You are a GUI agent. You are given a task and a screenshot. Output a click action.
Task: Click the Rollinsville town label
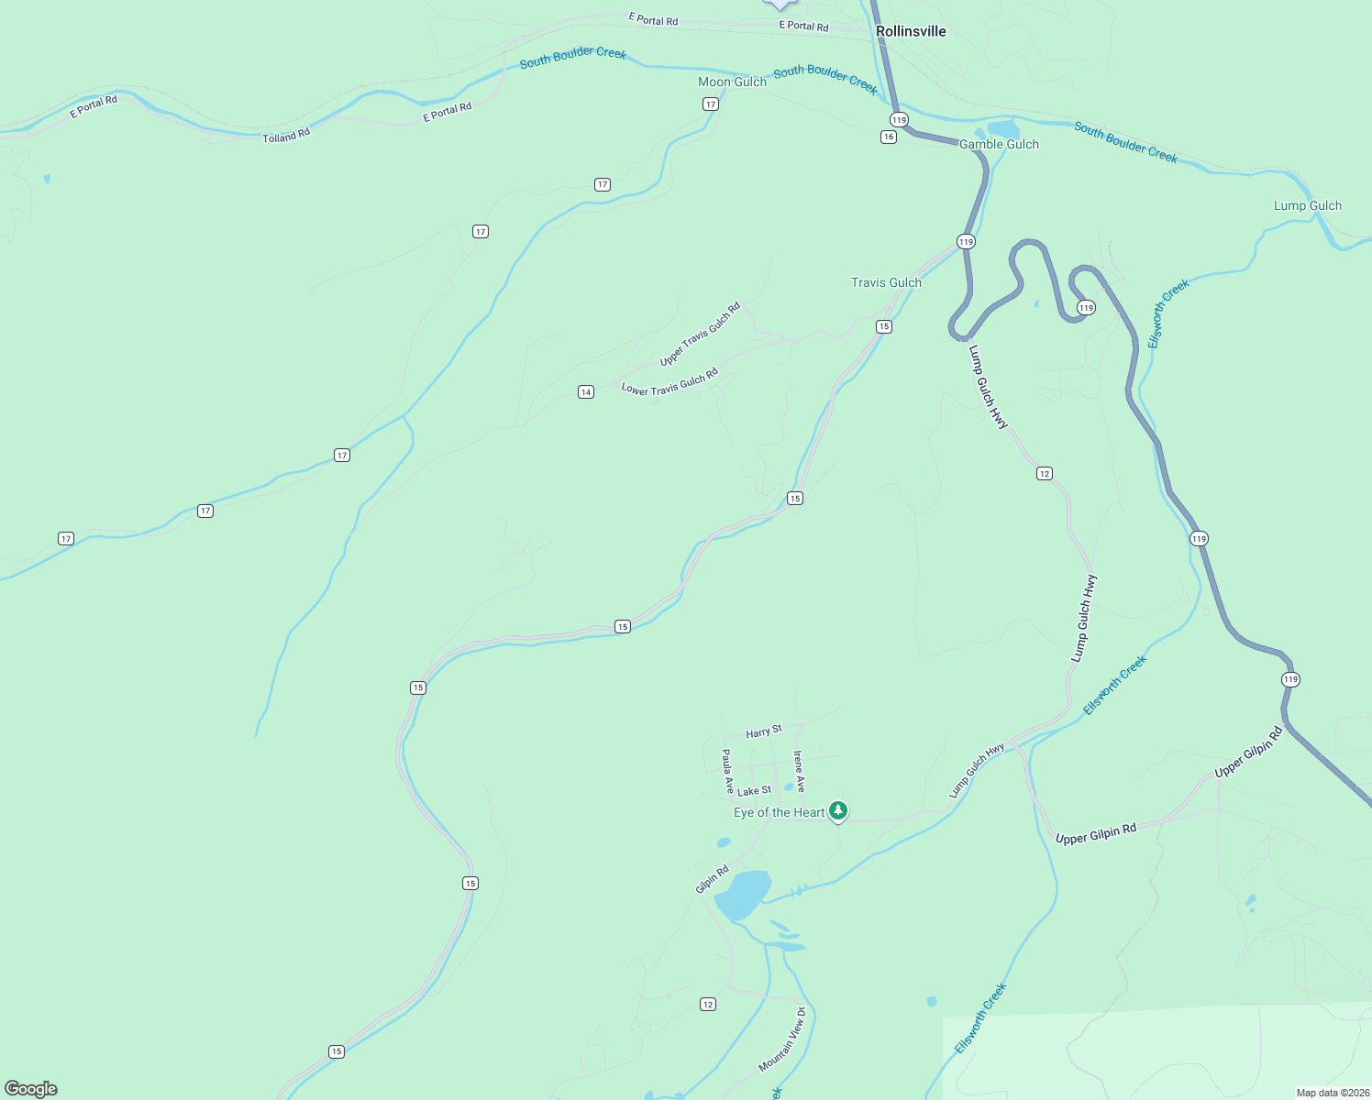click(x=910, y=31)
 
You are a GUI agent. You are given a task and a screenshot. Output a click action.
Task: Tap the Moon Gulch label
click(x=732, y=82)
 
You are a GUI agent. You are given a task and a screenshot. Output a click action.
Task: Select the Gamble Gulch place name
click(x=999, y=144)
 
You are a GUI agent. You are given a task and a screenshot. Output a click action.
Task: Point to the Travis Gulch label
click(x=886, y=282)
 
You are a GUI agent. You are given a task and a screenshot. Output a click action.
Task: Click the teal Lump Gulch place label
click(x=1307, y=205)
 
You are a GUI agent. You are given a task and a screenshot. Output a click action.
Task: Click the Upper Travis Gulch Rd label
click(x=700, y=335)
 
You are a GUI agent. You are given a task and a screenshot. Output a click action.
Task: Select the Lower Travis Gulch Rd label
click(x=669, y=382)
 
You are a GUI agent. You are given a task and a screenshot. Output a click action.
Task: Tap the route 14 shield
click(x=586, y=392)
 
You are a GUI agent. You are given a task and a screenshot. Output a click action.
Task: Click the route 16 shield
click(x=888, y=137)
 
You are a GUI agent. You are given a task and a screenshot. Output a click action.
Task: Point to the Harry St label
click(x=764, y=731)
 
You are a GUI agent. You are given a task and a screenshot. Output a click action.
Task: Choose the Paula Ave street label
click(x=727, y=771)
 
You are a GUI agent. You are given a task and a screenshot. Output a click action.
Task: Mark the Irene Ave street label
click(x=799, y=771)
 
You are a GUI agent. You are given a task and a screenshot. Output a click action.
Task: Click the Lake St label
click(x=755, y=791)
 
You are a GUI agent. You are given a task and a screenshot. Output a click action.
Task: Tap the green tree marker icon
click(x=837, y=810)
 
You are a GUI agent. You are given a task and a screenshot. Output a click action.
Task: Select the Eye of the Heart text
click(x=779, y=812)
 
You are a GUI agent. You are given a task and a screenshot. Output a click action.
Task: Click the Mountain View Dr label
click(x=782, y=1039)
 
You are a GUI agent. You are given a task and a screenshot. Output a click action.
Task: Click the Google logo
click(x=31, y=1089)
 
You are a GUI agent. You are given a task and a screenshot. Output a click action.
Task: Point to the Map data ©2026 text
click(x=1332, y=1093)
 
